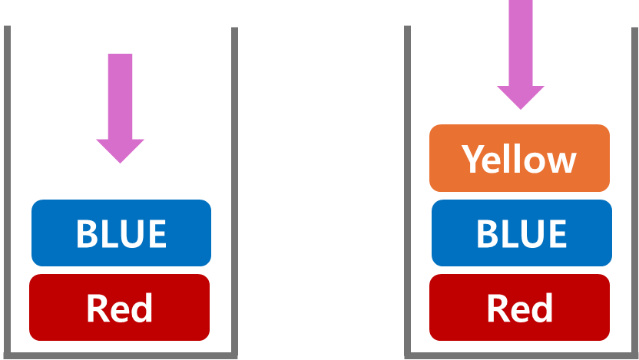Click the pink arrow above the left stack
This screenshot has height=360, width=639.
pyautogui.click(x=120, y=100)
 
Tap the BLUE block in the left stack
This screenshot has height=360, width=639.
pyautogui.click(x=121, y=233)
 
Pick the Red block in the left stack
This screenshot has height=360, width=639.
pyautogui.click(x=120, y=307)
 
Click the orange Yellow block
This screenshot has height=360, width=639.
pyautogui.click(x=519, y=158)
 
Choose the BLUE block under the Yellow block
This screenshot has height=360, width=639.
pyautogui.click(x=521, y=233)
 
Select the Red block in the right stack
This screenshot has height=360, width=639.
pyautogui.click(x=520, y=307)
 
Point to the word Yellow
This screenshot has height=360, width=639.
pyautogui.click(x=519, y=159)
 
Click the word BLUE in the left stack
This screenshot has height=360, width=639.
pyautogui.click(x=121, y=233)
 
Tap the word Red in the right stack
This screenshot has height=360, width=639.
pyautogui.click(x=520, y=308)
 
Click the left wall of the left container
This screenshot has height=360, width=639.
pyautogui.click(x=7, y=192)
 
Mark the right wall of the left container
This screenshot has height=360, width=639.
pyautogui.click(x=234, y=192)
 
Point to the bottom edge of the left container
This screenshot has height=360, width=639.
pyautogui.click(x=121, y=355)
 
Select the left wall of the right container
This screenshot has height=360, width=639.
pyautogui.click(x=407, y=192)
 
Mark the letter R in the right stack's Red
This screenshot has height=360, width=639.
pyautogui.click(x=497, y=308)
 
